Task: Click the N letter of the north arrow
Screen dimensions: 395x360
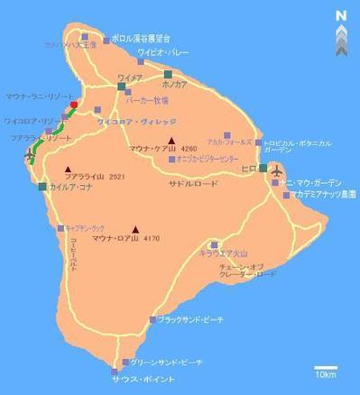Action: coord(339,14)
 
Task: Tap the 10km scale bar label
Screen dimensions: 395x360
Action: coord(326,373)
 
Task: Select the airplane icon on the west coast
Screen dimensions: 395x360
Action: coord(30,160)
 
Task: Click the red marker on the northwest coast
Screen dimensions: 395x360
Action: coord(74,106)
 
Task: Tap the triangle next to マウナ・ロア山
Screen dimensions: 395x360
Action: coord(136,228)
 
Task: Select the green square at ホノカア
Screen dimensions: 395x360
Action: coord(168,74)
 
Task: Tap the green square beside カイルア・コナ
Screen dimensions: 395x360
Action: coord(42,187)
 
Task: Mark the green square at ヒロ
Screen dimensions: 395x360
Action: coord(263,168)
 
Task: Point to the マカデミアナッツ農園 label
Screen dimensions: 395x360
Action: coord(324,194)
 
